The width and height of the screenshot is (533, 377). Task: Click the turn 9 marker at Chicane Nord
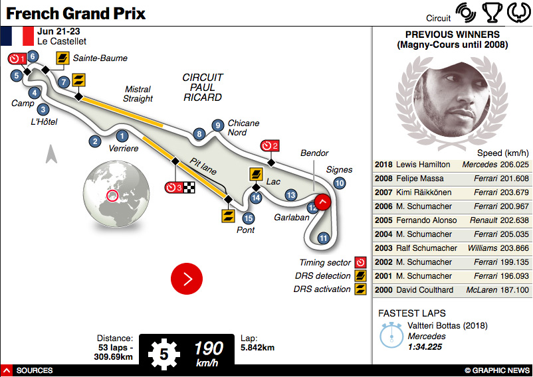[x=217, y=125]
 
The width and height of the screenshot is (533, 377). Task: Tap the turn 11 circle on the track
[x=324, y=238]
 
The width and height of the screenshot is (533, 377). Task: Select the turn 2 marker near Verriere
[x=96, y=141]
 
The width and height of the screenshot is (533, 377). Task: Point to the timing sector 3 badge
[x=174, y=187]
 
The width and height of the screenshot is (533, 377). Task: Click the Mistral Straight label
[x=138, y=94]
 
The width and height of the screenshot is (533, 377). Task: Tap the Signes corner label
[x=339, y=170]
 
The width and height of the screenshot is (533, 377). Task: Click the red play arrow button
[x=187, y=279]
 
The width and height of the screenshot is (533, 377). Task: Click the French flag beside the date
[x=18, y=37]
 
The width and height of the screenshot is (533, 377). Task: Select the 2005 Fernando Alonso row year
[x=383, y=220]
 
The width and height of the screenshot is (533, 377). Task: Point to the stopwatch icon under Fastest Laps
[x=391, y=336]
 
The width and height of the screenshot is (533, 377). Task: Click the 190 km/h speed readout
[x=209, y=350]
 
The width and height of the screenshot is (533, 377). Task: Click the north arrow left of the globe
[x=51, y=155]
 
